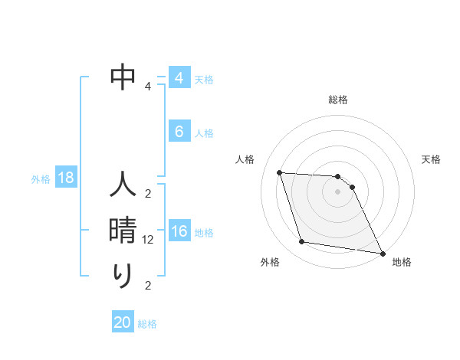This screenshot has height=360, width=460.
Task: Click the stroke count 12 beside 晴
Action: [149, 240]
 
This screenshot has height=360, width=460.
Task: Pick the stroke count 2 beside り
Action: [148, 286]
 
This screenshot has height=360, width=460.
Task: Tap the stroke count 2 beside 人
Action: [148, 193]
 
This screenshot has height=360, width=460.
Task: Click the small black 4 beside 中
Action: [148, 87]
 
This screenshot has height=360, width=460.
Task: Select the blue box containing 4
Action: [179, 78]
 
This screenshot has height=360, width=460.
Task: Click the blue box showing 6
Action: [179, 132]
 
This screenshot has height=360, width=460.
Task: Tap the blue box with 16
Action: [179, 231]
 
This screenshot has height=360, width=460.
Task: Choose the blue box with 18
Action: [66, 178]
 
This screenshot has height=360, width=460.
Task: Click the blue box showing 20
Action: [123, 322]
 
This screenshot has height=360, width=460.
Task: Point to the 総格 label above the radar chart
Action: [338, 100]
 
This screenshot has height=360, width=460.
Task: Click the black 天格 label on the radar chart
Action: [432, 159]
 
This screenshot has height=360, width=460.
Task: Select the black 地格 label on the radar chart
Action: [402, 262]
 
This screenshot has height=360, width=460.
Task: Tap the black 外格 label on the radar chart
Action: [270, 262]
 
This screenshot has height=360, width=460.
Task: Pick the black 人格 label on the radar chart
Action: [245, 159]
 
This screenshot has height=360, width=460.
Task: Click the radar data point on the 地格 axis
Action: [382, 252]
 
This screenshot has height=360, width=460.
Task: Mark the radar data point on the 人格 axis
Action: [280, 173]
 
